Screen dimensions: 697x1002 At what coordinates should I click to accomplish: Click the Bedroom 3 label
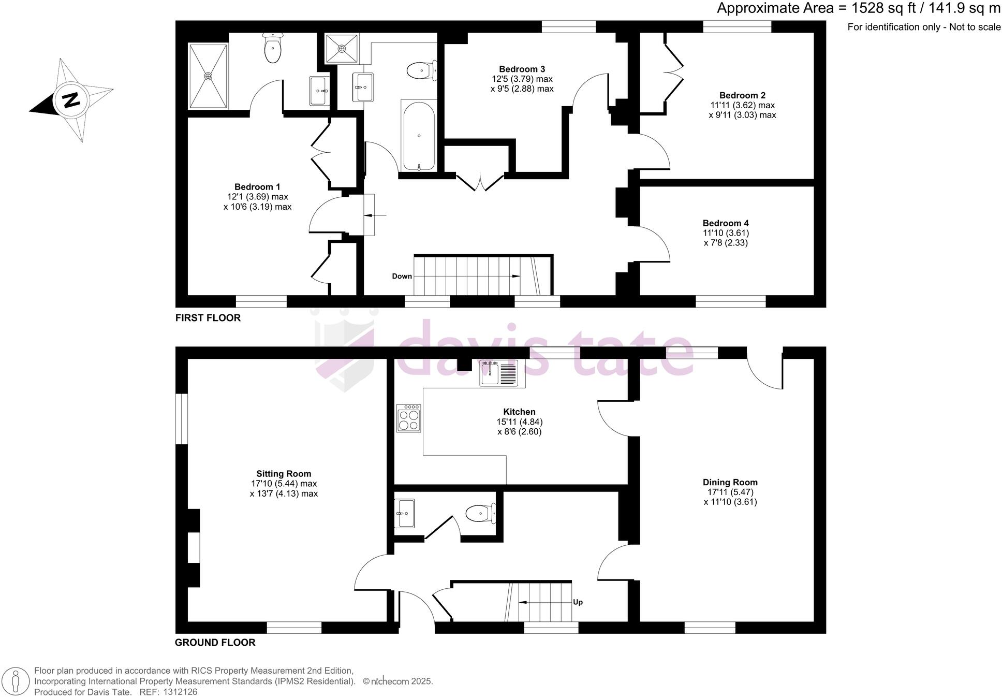522,69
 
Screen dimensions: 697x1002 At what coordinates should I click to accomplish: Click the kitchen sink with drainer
498,373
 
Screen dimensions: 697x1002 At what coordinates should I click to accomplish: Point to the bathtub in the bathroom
418,136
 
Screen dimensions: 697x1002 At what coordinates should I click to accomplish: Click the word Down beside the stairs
402,276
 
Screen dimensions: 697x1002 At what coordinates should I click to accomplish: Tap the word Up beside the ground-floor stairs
578,602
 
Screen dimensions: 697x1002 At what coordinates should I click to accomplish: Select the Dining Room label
730,482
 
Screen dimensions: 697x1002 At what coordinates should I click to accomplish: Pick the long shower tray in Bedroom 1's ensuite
208,76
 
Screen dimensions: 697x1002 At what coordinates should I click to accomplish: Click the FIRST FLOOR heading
208,318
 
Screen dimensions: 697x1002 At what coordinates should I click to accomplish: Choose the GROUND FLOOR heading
215,643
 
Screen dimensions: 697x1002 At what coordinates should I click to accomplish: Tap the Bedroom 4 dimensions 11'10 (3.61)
726,233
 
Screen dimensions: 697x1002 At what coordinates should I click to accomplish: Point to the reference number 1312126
180,692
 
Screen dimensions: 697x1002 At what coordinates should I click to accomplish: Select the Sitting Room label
284,474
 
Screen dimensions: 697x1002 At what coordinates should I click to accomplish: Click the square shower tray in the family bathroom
342,48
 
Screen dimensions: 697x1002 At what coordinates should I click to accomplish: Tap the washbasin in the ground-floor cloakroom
404,513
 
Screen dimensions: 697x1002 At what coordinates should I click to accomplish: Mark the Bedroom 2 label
742,95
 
